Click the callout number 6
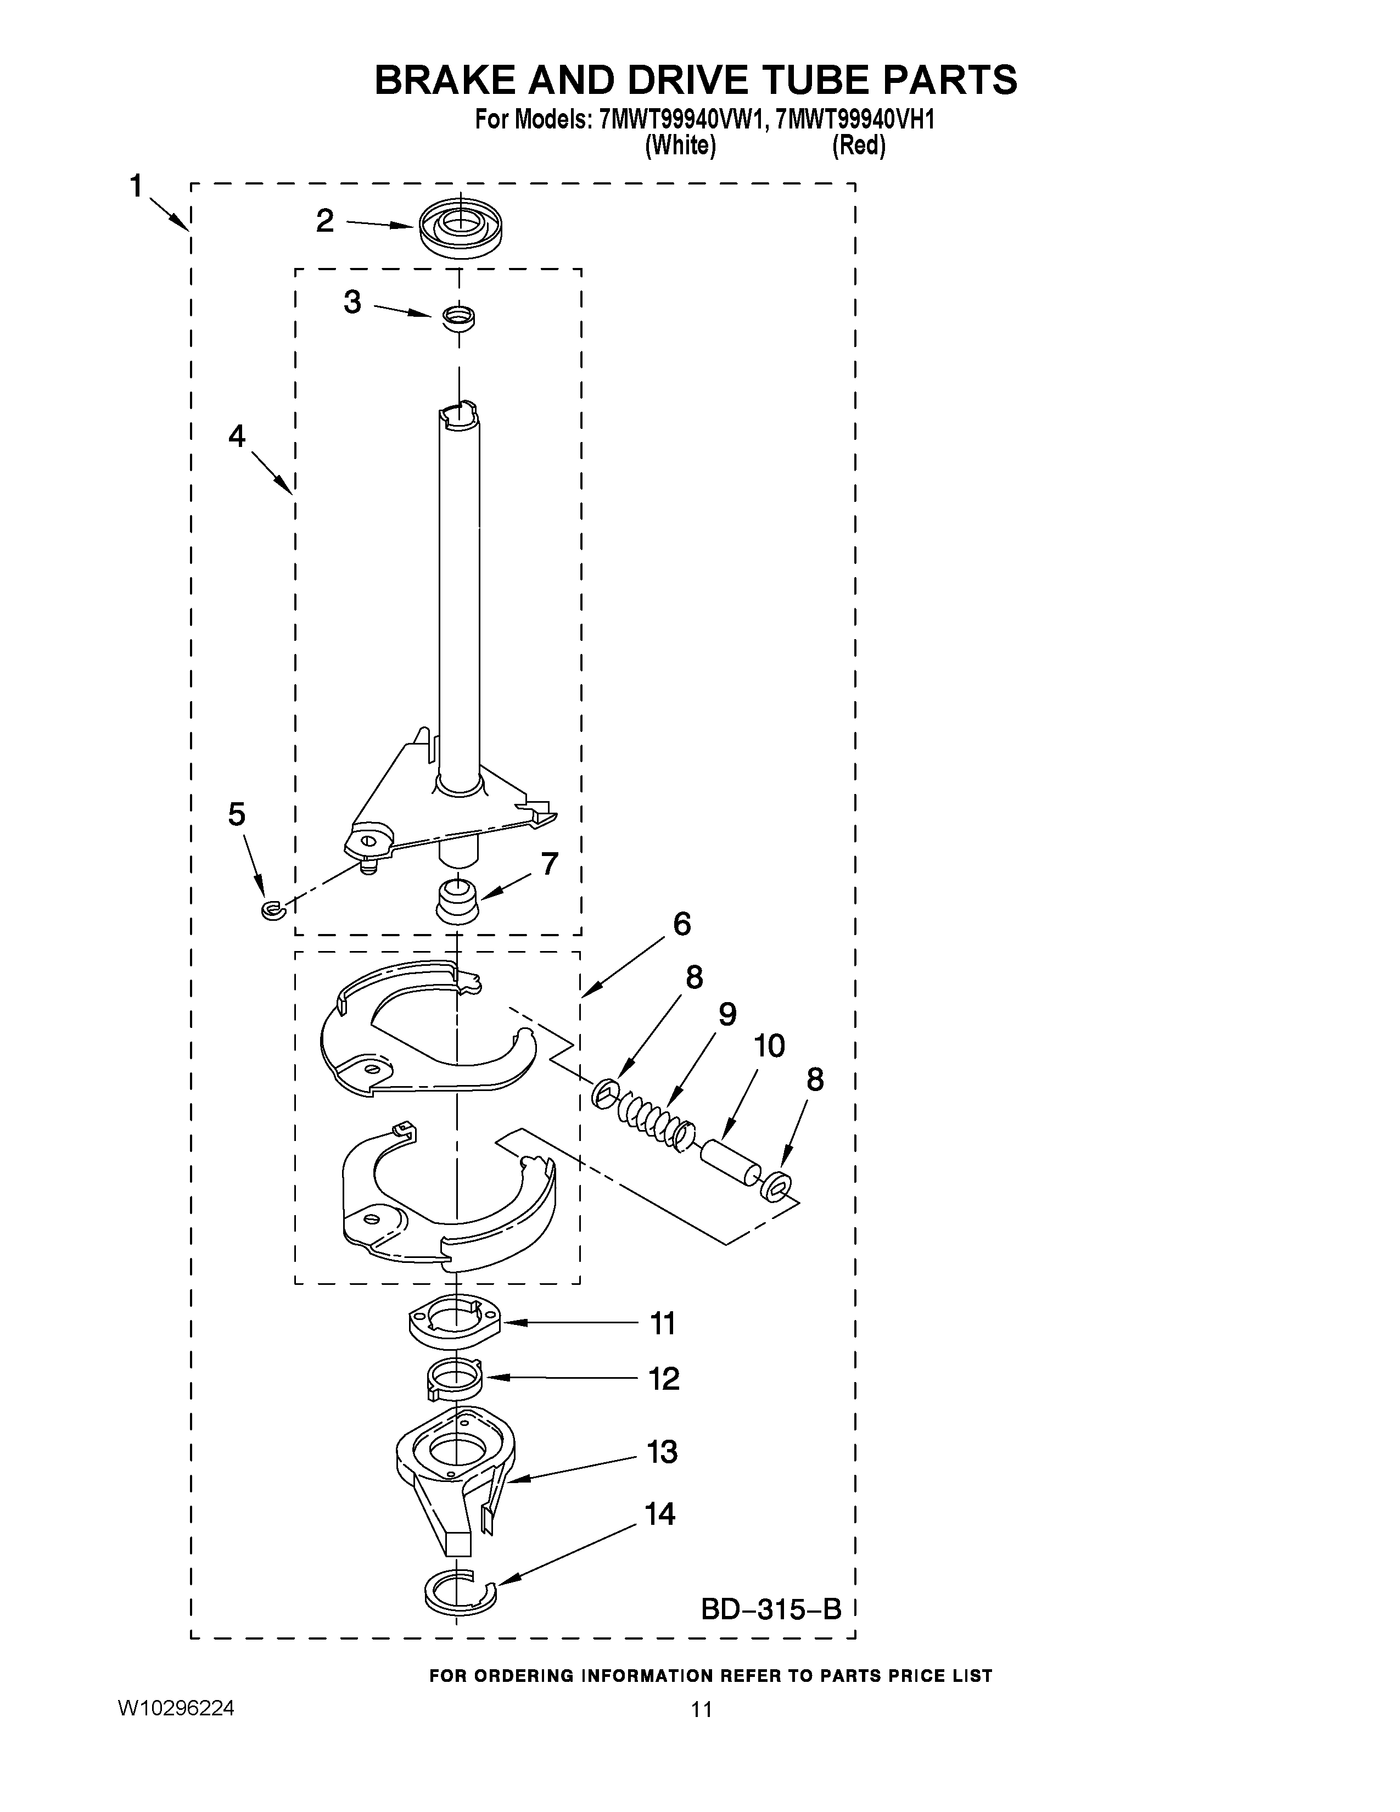682,924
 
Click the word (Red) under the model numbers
859,146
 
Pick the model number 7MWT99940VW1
679,120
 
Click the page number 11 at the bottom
701,1726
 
